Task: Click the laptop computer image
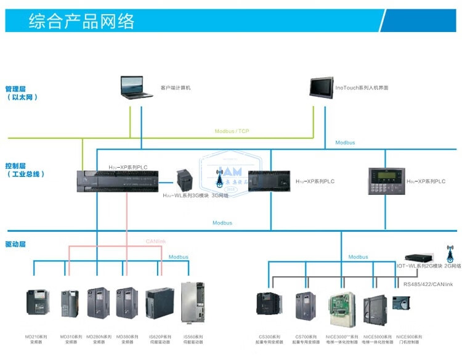tap(137, 87)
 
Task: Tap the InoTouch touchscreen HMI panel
tap(321, 87)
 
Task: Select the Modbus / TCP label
tap(232, 131)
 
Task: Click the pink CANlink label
tap(156, 241)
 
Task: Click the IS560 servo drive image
tap(192, 302)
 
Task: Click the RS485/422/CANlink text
tap(428, 284)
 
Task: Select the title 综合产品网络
tap(81, 22)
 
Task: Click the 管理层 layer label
tap(17, 89)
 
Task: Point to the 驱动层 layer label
tap(15, 244)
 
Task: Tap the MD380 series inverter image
tap(127, 303)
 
